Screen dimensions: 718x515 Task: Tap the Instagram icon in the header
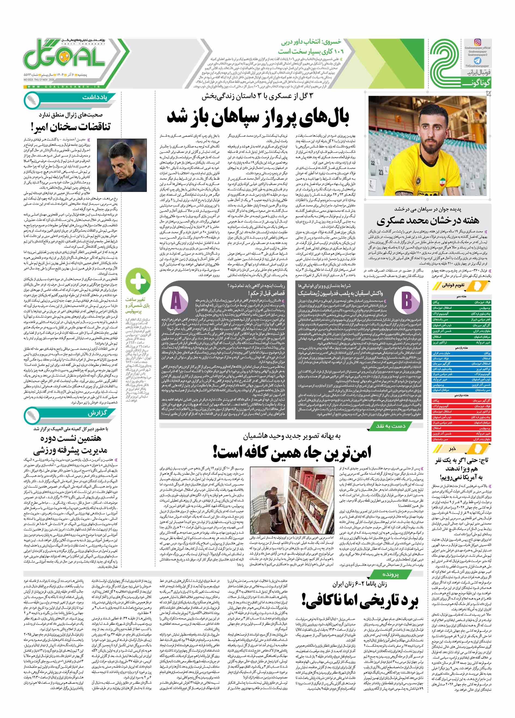pyautogui.click(x=477, y=42)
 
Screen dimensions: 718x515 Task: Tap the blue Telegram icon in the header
pyautogui.click(x=477, y=60)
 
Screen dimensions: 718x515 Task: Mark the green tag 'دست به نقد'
pyautogui.click(x=390, y=426)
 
